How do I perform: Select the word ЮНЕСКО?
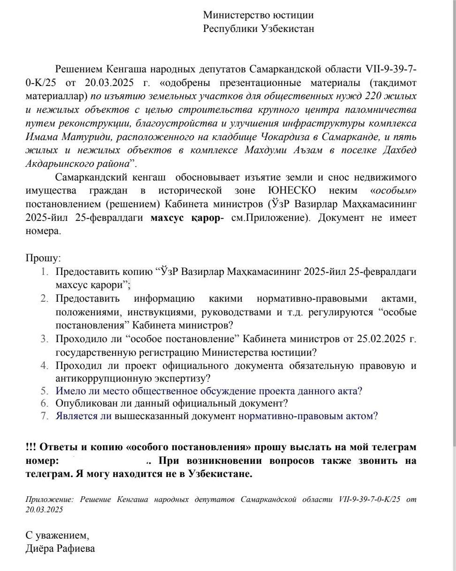tap(292, 191)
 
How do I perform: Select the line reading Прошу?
tap(43, 258)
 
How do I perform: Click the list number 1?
tap(44, 272)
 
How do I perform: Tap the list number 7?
tap(44, 416)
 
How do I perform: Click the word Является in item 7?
tap(77, 416)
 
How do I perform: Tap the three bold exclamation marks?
tap(31, 447)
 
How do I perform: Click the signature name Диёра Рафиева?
tap(60, 548)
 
